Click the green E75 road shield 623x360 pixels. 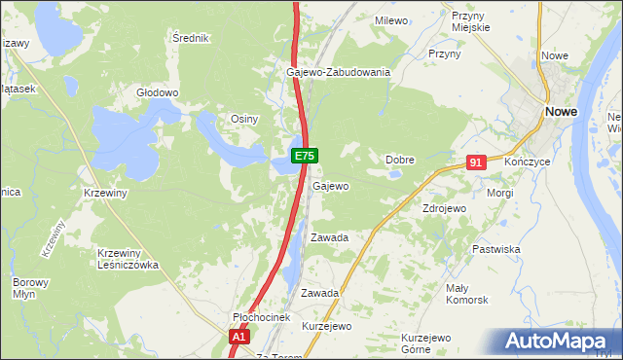pos(304,156)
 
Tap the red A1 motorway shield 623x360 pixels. pos(240,337)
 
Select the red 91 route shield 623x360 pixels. pos(475,163)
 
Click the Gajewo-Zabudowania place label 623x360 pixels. pos(338,72)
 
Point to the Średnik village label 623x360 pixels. pos(191,38)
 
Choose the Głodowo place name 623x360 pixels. pos(158,93)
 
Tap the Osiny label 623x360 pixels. pos(243,119)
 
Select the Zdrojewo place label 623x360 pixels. pos(444,208)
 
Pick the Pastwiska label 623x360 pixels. pos(496,249)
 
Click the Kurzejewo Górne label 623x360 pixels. pos(429,343)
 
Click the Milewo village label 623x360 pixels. pos(391,19)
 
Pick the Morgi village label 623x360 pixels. pos(500,193)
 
